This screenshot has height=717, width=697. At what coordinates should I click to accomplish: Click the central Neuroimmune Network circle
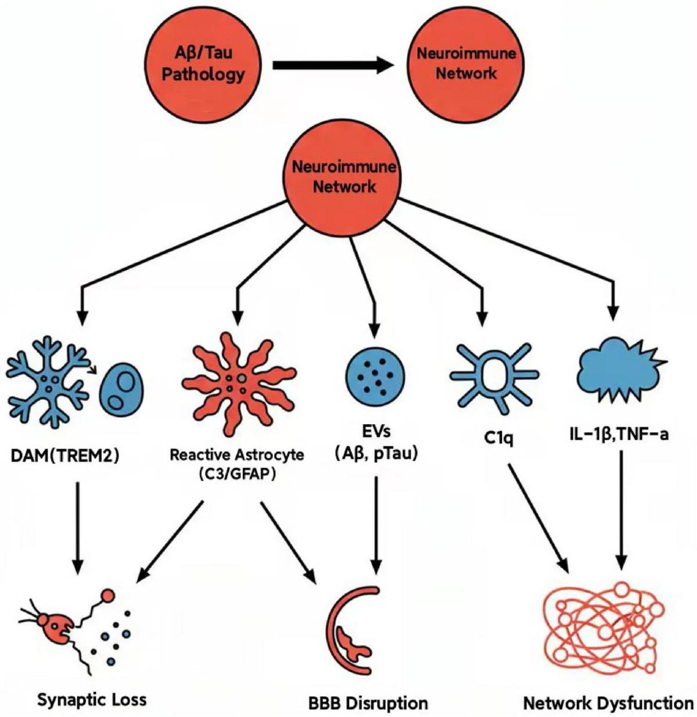point(344,177)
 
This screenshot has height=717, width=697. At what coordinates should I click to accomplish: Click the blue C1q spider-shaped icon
point(494,375)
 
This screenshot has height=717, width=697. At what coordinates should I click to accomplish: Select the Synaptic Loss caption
point(92,698)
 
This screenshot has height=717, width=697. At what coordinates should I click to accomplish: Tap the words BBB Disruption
point(368,703)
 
